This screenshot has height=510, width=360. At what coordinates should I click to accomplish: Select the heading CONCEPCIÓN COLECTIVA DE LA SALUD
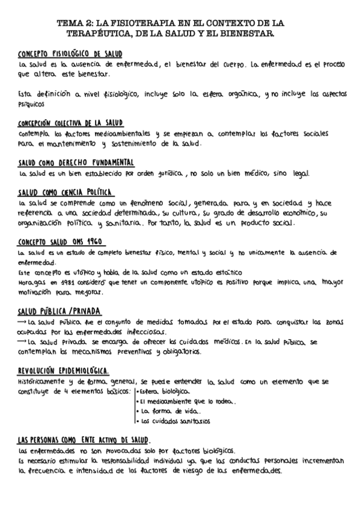click(71, 122)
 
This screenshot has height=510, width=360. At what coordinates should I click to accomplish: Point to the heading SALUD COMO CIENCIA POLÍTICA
click(66, 192)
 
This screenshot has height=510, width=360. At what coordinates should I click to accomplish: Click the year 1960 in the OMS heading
click(94, 242)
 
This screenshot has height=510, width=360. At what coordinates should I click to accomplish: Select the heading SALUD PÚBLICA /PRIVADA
click(59, 311)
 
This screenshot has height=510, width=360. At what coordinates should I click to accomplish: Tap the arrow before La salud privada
click(23, 342)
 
